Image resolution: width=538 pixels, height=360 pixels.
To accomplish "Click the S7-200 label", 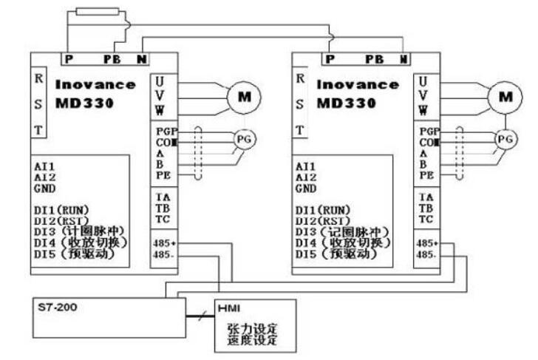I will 52,305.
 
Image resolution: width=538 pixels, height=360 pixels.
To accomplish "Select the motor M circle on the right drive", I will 505,96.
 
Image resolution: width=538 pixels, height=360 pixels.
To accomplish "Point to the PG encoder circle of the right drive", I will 505,138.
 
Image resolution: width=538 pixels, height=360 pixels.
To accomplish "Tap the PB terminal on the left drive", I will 112,58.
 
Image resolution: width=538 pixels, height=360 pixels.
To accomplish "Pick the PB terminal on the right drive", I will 375,58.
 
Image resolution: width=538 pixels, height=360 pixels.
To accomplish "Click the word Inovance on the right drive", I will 358,85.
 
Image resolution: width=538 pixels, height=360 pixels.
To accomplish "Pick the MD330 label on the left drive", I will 83,103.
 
